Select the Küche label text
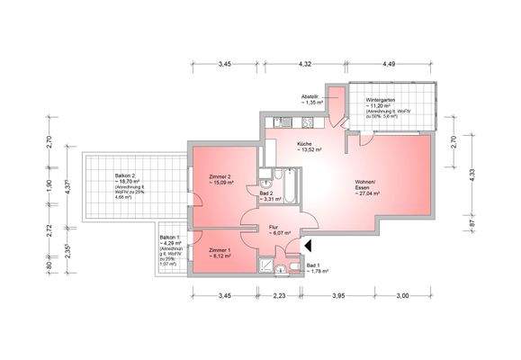click(x=305, y=143)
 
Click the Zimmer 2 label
click(x=220, y=176)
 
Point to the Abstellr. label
click(x=312, y=96)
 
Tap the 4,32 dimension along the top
click(x=305, y=65)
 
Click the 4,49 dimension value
click(x=389, y=65)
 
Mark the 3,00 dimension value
click(x=403, y=295)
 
